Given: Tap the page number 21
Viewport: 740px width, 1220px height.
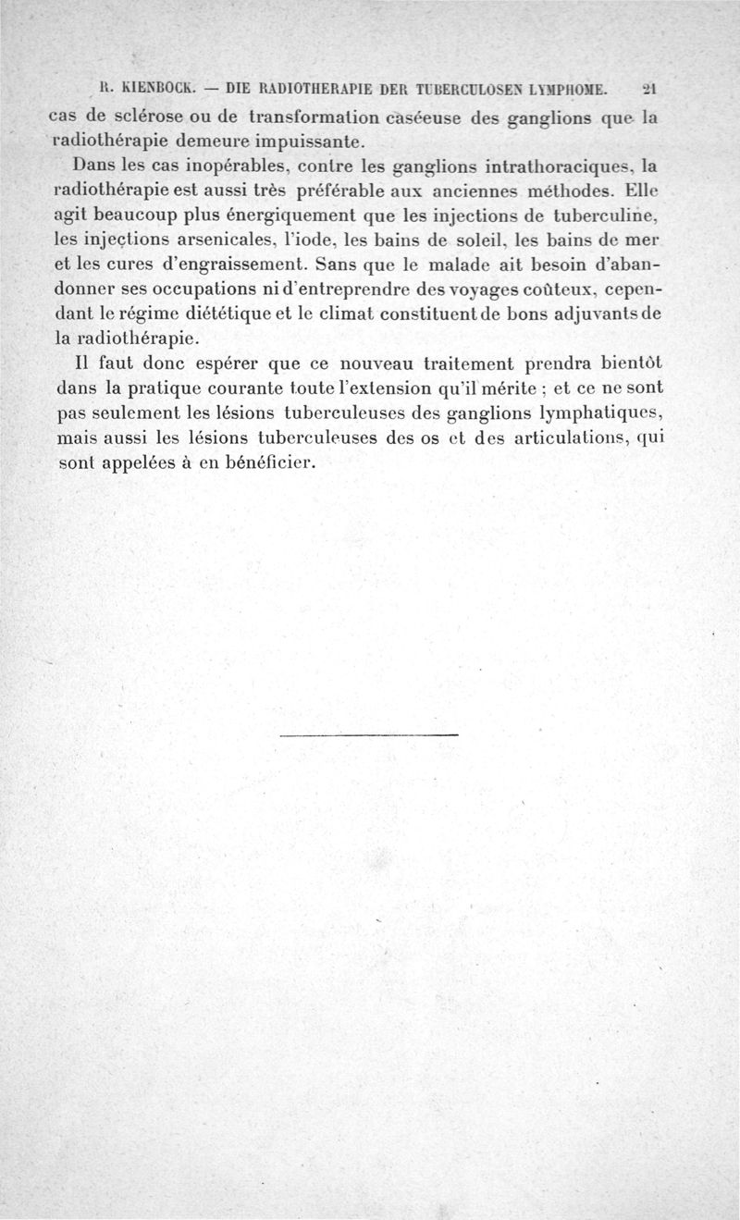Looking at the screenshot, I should pyautogui.click(x=648, y=90).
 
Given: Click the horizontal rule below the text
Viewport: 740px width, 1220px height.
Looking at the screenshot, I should pyautogui.click(x=368, y=735).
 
